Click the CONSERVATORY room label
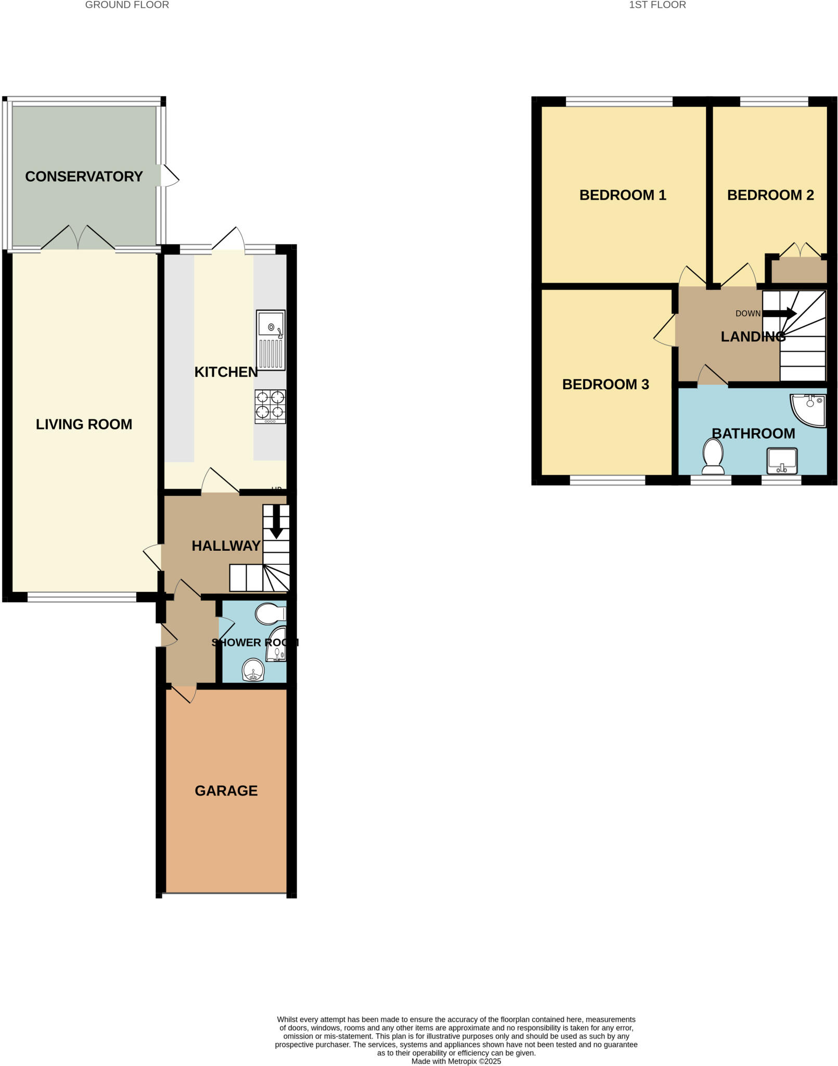[x=84, y=176]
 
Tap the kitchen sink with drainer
[x=270, y=340]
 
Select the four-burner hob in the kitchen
[x=270, y=406]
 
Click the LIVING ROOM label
[x=84, y=424]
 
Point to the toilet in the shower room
[x=269, y=614]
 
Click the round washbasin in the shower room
[x=253, y=670]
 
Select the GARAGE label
[x=226, y=791]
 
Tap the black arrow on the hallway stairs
[x=276, y=522]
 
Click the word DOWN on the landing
[x=747, y=313]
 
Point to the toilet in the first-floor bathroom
[x=713, y=456]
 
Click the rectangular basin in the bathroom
[x=782, y=461]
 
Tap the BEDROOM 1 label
[x=622, y=195]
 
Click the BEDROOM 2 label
[x=770, y=195]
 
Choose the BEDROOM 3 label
[x=605, y=385]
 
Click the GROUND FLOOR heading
[x=127, y=5]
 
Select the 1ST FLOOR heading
[x=657, y=5]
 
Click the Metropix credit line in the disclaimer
[x=456, y=1061]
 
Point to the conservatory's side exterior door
[x=169, y=176]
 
